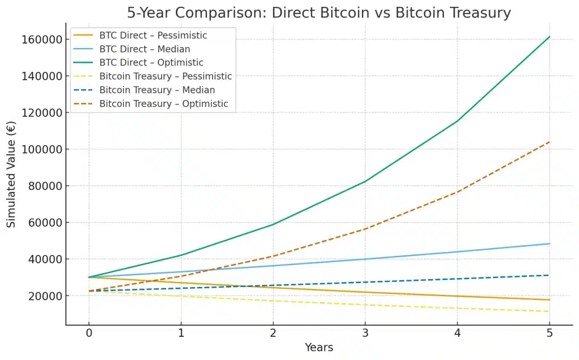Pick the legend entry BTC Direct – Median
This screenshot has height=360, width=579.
click(x=144, y=49)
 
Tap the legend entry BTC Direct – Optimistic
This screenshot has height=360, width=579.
click(x=151, y=63)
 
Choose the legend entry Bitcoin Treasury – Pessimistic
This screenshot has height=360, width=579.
click(x=165, y=76)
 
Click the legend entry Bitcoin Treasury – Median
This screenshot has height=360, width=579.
click(x=157, y=90)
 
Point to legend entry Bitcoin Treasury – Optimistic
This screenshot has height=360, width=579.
click(x=163, y=104)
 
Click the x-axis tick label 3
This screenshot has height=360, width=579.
click(x=365, y=333)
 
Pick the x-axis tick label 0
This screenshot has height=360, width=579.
click(x=88, y=333)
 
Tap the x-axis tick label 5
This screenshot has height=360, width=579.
click(x=549, y=333)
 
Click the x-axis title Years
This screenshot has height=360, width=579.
click(x=319, y=348)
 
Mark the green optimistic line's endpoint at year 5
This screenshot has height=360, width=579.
click(x=549, y=37)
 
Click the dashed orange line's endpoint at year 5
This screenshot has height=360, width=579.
click(x=549, y=142)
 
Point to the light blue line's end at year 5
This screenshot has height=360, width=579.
click(x=549, y=244)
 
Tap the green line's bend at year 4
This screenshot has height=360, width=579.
click(x=457, y=121)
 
